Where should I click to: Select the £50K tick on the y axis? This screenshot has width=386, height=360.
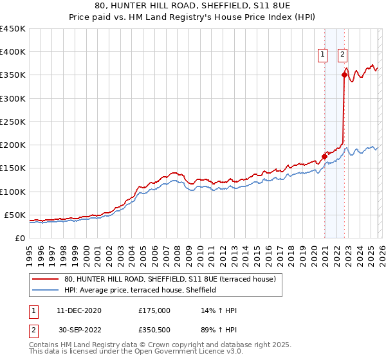pos(15,215)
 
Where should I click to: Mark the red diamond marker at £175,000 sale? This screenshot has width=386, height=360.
pos(324,156)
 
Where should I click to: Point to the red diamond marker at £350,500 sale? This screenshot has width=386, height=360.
pos(345,75)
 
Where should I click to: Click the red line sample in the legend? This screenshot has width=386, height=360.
pos(46,279)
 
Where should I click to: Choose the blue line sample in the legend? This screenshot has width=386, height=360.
pos(46,290)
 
